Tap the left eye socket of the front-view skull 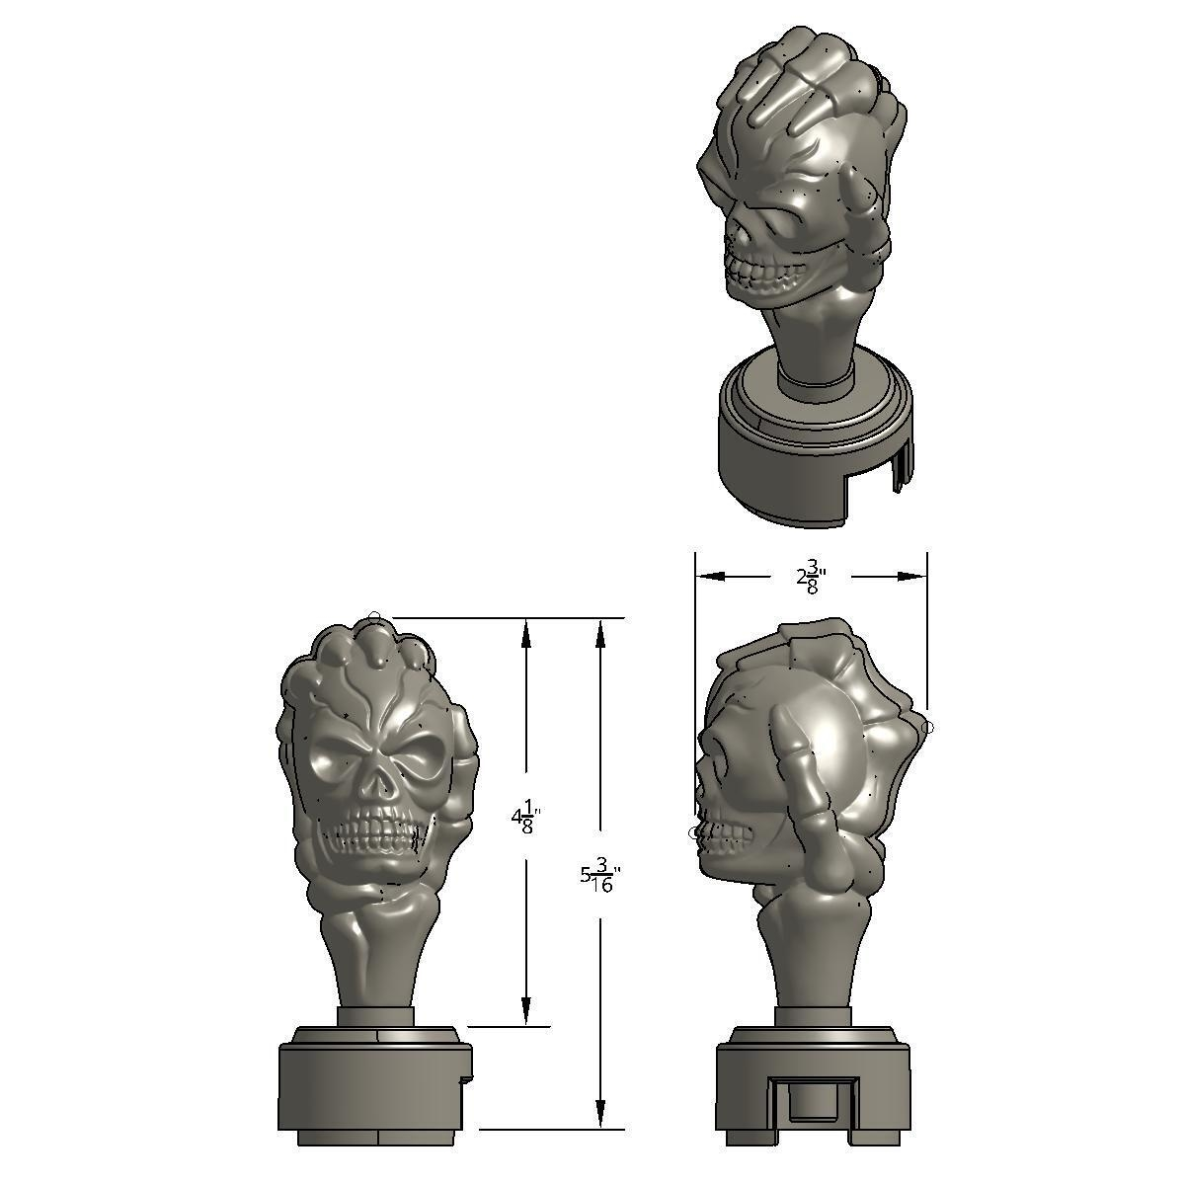(335, 763)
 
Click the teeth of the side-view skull (724, 840)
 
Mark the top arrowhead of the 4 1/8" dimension (526, 632)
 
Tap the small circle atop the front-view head (374, 618)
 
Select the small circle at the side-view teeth (693, 833)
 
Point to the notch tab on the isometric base (901, 470)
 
